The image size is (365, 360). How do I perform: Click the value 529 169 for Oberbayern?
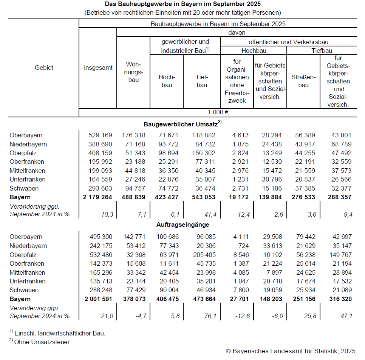click(x=100, y=135)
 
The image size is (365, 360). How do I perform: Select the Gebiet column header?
click(x=44, y=68)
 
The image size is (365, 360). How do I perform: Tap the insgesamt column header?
click(x=98, y=68)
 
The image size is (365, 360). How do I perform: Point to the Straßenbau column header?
click(x=303, y=81)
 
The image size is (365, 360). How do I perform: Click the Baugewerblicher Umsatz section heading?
click(x=182, y=124)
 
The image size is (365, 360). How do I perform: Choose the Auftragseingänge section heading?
click(x=182, y=225)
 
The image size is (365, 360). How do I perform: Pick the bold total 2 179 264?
click(x=97, y=197)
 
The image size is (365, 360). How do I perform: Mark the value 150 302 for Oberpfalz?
click(x=204, y=153)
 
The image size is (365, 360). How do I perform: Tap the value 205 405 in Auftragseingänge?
click(x=204, y=255)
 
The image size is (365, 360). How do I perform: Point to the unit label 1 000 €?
click(x=218, y=112)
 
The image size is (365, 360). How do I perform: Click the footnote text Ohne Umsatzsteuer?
click(x=42, y=342)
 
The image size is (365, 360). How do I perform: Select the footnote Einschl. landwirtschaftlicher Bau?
click(x=60, y=333)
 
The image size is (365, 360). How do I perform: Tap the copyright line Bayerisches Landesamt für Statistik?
click(x=291, y=351)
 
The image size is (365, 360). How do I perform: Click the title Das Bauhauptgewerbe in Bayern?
click(x=182, y=4)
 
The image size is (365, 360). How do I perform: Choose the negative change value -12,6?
click(x=242, y=316)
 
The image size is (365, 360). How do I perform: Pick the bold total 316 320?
click(x=339, y=299)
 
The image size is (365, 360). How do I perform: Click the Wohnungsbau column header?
click(x=133, y=72)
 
